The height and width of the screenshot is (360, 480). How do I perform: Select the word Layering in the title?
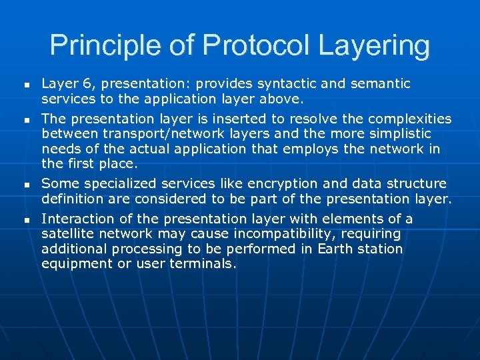374,46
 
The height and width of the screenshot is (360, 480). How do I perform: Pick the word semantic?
380,83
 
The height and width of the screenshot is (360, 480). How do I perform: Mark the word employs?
311,148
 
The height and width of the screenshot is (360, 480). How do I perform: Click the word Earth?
337,248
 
